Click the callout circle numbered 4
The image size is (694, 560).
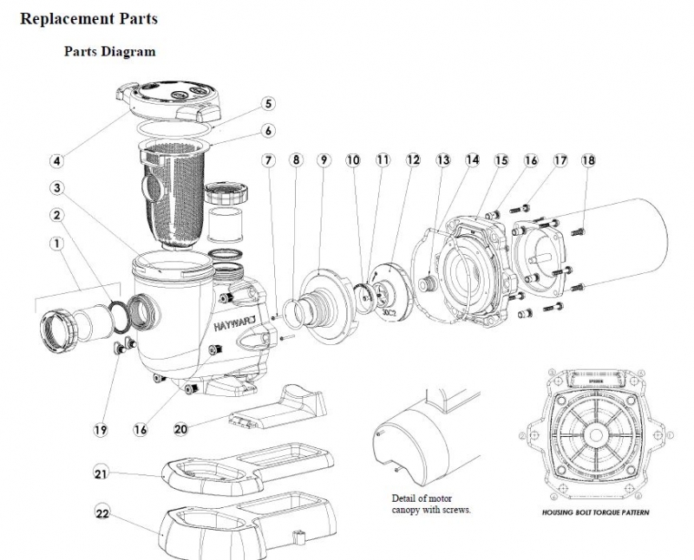click(56, 160)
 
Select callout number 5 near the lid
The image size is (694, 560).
click(268, 103)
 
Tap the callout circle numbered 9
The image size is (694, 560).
click(324, 160)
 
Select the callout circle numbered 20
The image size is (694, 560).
click(180, 428)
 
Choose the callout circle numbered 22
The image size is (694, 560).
click(101, 513)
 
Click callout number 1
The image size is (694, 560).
click(56, 244)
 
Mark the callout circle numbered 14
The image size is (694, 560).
click(472, 160)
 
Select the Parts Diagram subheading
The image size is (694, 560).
click(109, 51)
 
